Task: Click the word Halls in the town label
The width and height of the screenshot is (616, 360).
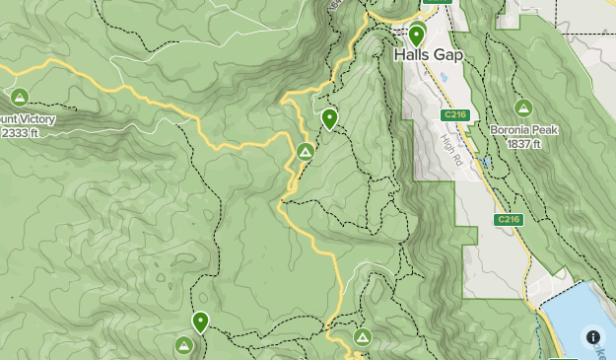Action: (410, 56)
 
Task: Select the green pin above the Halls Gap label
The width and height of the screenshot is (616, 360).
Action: (417, 35)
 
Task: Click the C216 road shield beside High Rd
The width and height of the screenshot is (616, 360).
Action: (453, 115)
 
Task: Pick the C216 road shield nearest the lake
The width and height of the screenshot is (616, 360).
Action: (508, 219)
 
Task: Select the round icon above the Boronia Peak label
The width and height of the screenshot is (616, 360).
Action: (523, 108)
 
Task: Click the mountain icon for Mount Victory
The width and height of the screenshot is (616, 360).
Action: (20, 97)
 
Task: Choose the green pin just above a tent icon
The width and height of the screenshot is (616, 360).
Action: (329, 118)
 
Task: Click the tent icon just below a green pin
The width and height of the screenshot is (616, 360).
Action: (306, 152)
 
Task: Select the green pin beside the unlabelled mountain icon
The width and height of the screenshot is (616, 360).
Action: (201, 321)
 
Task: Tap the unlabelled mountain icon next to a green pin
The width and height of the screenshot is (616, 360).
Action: (183, 344)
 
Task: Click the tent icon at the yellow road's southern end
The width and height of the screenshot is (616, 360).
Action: (363, 338)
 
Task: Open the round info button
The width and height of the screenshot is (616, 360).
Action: (593, 337)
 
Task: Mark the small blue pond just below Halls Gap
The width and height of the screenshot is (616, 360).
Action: (444, 78)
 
